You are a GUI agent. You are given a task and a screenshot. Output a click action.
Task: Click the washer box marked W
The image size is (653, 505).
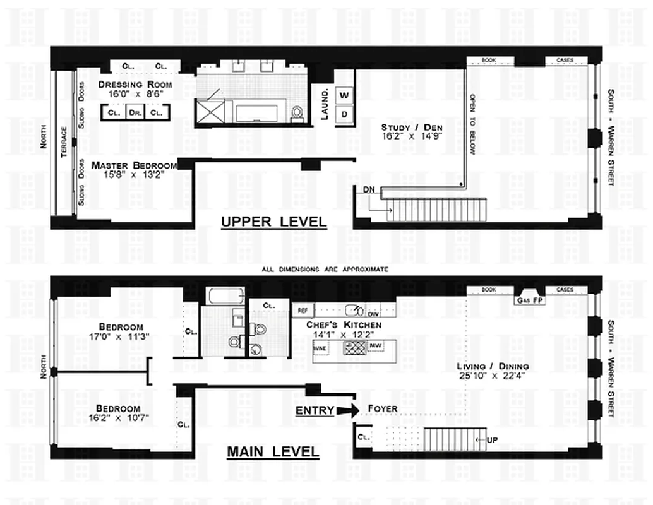344,95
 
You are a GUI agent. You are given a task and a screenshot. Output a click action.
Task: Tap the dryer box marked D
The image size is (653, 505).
344,114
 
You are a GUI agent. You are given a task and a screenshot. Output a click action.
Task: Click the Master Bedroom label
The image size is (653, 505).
134,165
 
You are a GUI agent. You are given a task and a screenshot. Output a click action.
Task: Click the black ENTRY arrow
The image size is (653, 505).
347,410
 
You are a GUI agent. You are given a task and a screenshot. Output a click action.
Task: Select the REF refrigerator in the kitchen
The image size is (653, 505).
303,311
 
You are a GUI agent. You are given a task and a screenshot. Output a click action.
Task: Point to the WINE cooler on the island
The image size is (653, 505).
321,347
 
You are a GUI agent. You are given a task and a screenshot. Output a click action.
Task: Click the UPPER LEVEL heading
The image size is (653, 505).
273,222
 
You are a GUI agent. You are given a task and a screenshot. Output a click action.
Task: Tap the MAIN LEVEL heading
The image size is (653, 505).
273,452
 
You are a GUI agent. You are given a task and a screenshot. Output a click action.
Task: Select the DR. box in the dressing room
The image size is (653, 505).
135,112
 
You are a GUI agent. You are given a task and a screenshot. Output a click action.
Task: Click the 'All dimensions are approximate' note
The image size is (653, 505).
325,270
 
